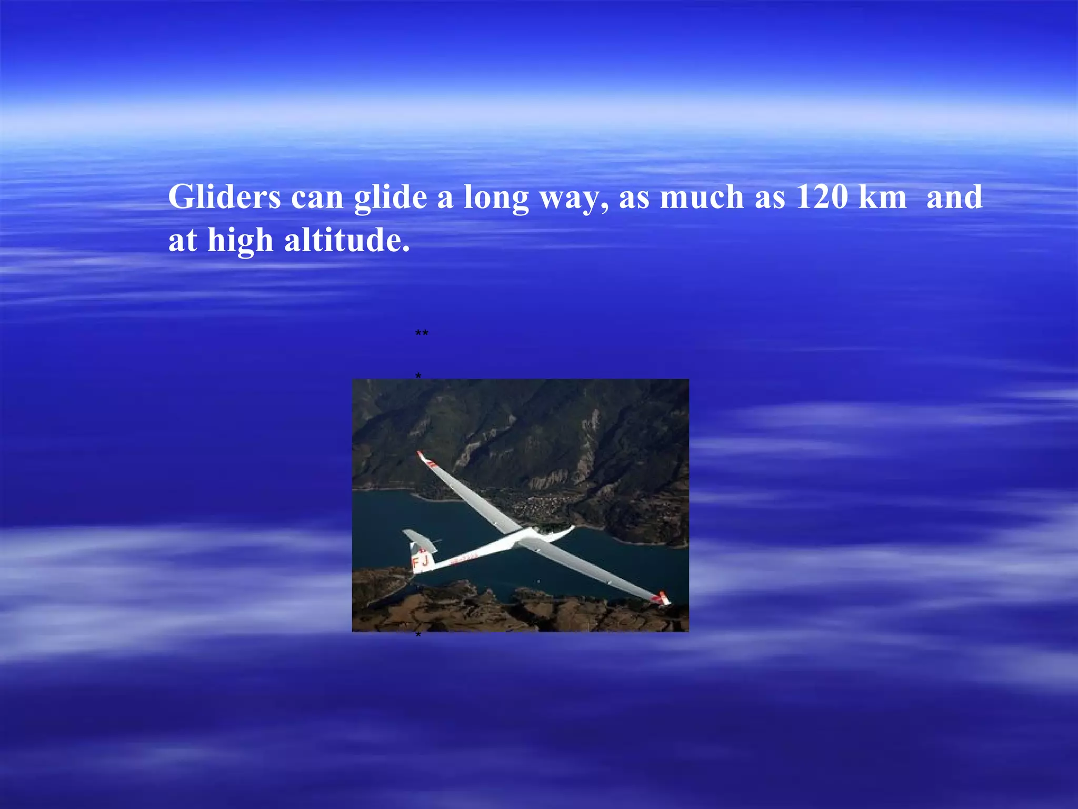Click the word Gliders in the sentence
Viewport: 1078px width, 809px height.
[224, 197]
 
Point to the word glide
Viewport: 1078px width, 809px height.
[390, 197]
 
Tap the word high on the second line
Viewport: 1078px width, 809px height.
[240, 241]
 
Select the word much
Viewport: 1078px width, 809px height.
[702, 197]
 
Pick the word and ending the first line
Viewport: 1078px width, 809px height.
[954, 197]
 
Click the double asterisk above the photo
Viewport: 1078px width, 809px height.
[422, 333]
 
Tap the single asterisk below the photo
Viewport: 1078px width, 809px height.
[418, 636]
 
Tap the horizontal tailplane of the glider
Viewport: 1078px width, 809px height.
[420, 540]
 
